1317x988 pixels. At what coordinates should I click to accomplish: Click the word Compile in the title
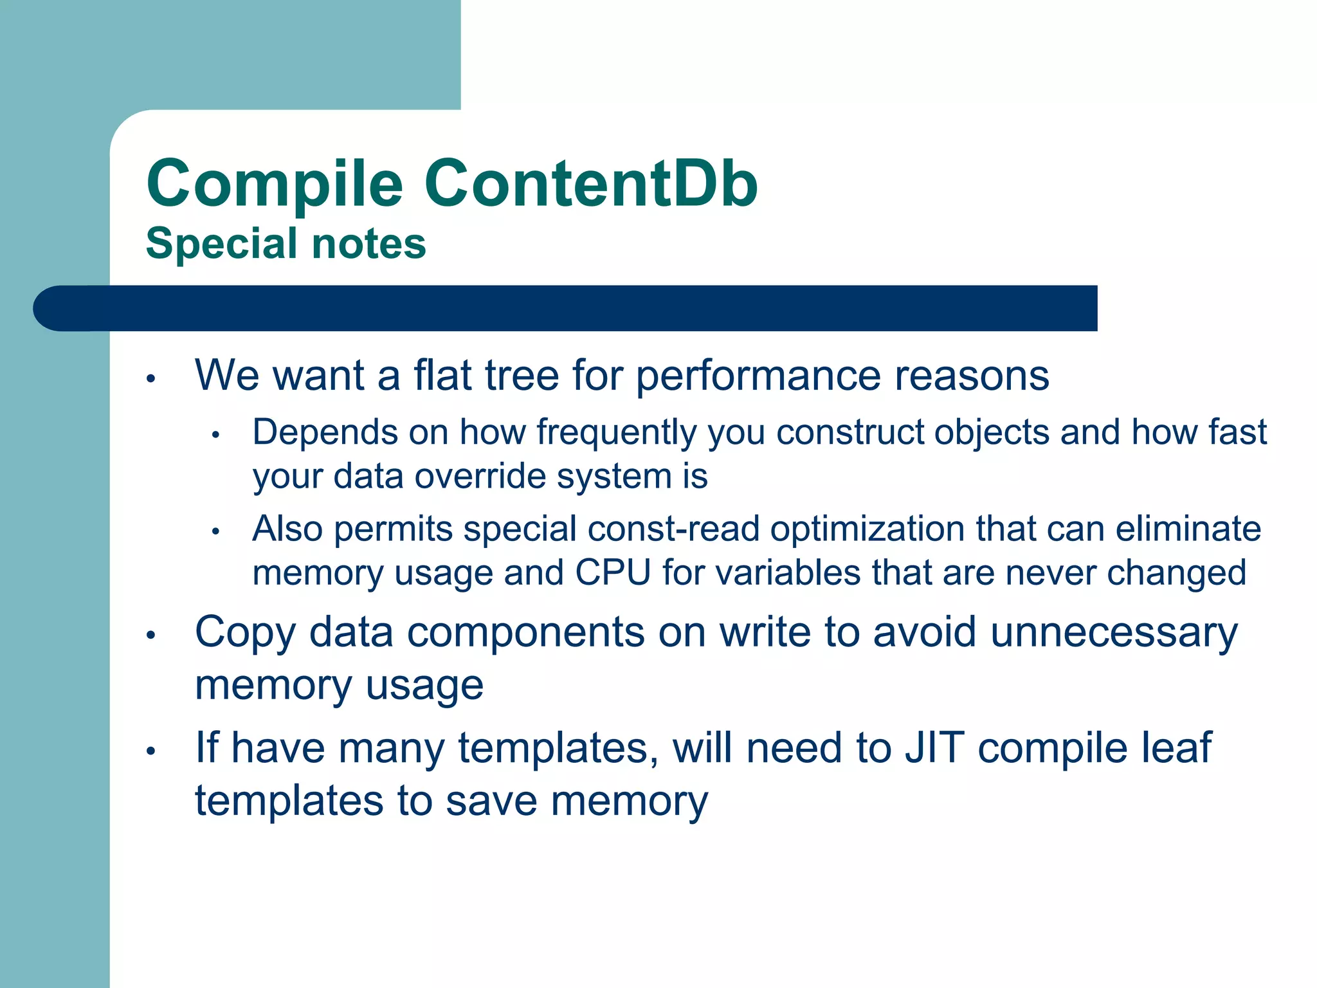[x=275, y=185]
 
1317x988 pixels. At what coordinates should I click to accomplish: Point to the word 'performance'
[x=758, y=376]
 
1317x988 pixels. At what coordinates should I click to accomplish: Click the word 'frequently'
[x=616, y=433]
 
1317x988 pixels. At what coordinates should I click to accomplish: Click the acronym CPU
[x=613, y=572]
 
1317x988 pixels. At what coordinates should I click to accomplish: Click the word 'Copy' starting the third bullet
[x=245, y=634]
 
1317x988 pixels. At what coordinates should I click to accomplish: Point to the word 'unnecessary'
[x=1113, y=634]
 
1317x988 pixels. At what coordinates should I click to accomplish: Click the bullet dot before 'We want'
[x=151, y=378]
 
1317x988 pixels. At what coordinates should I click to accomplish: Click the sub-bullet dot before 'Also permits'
[x=216, y=532]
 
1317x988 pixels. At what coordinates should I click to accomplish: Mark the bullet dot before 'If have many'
[x=151, y=751]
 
